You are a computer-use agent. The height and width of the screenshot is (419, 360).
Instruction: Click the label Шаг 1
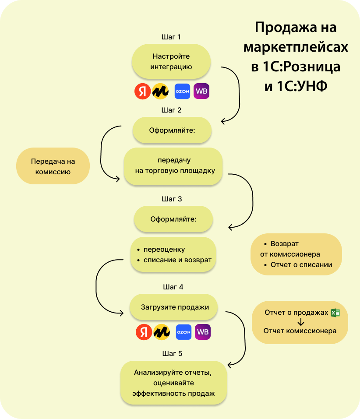tap(171, 37)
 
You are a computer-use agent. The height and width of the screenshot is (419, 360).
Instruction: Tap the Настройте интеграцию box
tap(171, 62)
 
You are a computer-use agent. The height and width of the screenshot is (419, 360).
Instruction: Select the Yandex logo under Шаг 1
tap(142, 91)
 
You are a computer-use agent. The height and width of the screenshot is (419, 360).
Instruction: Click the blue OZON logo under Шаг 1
tap(182, 91)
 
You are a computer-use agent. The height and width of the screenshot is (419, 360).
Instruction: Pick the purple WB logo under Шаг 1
tap(201, 91)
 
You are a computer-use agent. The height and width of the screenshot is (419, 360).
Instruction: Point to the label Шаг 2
tap(172, 110)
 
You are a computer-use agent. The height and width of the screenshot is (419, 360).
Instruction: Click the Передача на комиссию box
tap(53, 166)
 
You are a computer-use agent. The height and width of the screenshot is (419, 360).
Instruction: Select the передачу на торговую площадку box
tap(173, 166)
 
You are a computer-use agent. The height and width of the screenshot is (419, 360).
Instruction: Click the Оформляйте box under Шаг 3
tap(173, 218)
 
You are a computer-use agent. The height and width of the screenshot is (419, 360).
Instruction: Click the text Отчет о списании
tap(301, 264)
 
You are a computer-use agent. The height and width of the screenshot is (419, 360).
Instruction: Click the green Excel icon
tap(335, 313)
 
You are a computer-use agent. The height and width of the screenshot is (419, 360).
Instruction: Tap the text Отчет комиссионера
tap(300, 331)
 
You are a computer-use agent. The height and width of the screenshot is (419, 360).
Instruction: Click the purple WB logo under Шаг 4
tap(203, 332)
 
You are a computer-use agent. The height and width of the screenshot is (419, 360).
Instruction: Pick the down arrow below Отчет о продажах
tap(300, 322)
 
